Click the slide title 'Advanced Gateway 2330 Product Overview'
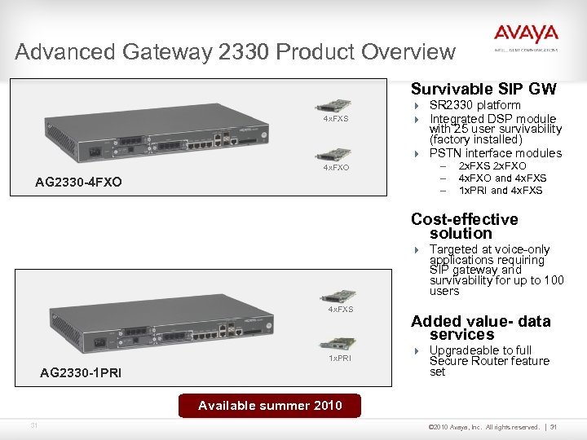coord(235,52)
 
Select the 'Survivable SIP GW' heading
coord(483,89)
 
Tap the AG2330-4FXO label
coord(78,182)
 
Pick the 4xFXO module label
coord(336,167)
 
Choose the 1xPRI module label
coord(339,358)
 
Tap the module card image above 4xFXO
coord(335,153)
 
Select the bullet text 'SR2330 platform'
coord(474,105)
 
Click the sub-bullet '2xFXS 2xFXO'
coord(492,166)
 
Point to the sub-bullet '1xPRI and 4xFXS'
coord(500,191)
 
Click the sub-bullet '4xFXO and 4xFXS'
coord(502,178)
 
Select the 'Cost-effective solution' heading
coord(465,226)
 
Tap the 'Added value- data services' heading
coord(481,328)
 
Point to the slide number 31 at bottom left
coord(33,425)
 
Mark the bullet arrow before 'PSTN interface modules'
coord(415,153)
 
